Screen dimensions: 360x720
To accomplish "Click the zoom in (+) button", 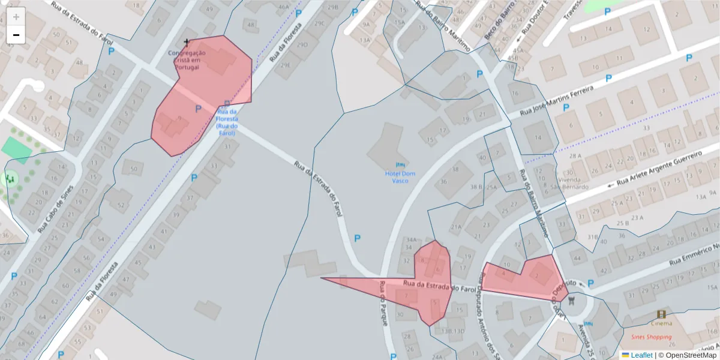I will pos(16,17).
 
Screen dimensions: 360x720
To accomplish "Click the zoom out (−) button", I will pos(16,35).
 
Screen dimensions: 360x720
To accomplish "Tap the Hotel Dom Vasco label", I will pos(400,177).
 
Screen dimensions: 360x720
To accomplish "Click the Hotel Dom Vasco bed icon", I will pos(400,164).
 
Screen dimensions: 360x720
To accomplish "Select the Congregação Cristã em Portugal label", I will pos(187,60).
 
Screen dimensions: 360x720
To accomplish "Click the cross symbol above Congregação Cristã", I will pos(187,43).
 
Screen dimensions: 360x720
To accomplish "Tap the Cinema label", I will pos(662,323).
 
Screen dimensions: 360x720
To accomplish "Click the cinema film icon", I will pos(662,314).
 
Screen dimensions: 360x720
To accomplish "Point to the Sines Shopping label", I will pos(651,337).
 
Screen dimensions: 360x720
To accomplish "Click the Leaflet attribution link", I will pos(641,355).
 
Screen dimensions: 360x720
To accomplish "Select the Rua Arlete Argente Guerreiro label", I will pos(658,169).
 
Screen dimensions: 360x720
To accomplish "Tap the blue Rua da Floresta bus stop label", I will pos(227,122).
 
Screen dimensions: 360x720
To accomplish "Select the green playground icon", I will pos(10,178).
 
